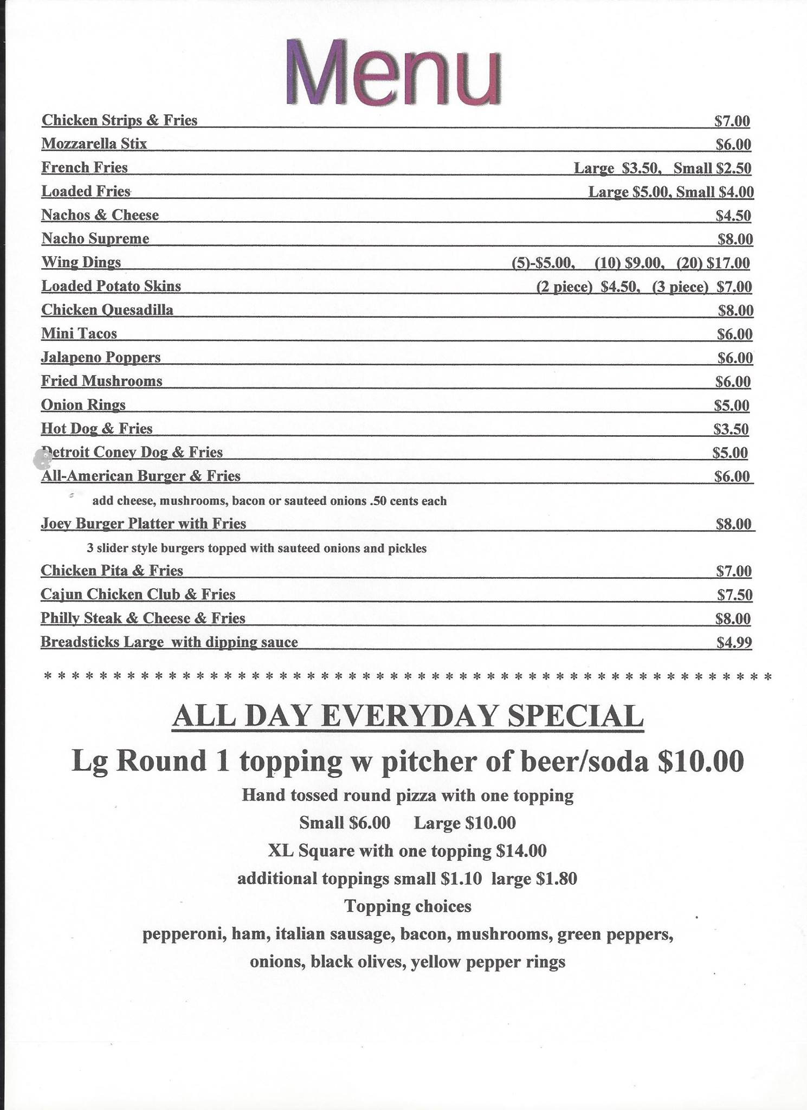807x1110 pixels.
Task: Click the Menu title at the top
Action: click(x=393, y=72)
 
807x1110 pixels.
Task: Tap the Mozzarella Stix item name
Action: click(x=94, y=144)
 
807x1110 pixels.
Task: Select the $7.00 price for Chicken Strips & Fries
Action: click(x=732, y=120)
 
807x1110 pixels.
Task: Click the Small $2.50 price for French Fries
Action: click(x=712, y=168)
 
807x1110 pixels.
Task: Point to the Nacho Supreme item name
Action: click(x=95, y=238)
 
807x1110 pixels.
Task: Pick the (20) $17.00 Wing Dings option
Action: click(x=713, y=263)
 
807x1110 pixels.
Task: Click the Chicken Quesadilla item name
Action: click(x=107, y=310)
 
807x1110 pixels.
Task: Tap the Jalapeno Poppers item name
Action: click(x=101, y=357)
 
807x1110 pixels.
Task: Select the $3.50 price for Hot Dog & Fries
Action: click(x=731, y=429)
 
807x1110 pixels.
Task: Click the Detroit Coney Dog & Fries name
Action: click(x=132, y=452)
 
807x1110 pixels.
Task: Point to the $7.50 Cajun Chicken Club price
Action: click(x=734, y=595)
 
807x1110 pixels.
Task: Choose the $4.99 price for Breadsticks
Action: click(x=734, y=642)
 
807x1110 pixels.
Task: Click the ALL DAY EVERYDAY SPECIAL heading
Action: click(x=408, y=717)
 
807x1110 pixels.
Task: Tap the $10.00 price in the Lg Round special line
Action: click(x=701, y=761)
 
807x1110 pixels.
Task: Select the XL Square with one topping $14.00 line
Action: click(x=408, y=850)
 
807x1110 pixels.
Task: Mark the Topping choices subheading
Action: click(x=408, y=906)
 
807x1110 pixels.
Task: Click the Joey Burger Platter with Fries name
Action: click(x=144, y=524)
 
